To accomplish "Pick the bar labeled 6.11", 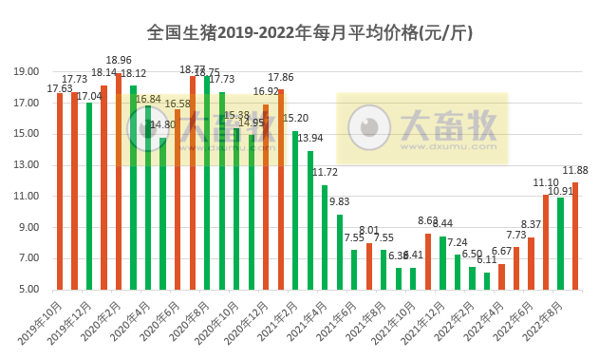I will (x=486, y=280).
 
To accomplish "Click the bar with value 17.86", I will (x=280, y=189).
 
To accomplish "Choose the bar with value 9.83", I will (x=339, y=252).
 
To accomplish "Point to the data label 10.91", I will (x=561, y=190).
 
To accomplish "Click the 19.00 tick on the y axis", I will (x=27, y=71).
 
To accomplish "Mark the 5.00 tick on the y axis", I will (x=27, y=290).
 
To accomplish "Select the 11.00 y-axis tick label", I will (x=27, y=196).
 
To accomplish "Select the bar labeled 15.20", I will (x=295, y=210).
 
